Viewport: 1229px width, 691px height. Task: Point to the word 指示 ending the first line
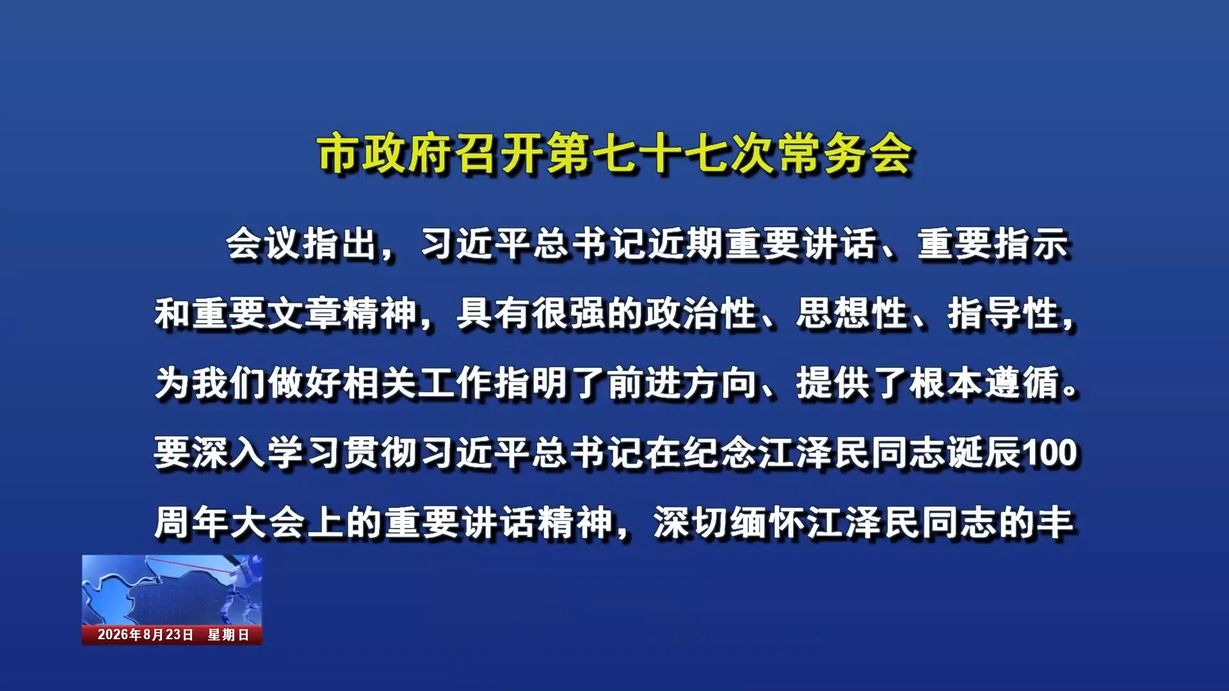pos(1031,244)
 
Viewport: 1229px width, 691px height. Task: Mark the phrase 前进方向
pos(682,383)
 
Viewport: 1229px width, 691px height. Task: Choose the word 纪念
pos(720,453)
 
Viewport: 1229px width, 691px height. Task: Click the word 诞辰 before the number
pos(984,453)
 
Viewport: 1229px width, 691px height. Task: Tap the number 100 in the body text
pos(1050,453)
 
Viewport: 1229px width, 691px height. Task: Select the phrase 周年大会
pos(229,523)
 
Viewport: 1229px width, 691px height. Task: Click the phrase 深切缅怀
pos(728,523)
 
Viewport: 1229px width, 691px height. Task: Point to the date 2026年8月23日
pos(145,635)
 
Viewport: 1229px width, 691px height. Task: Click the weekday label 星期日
pos(229,635)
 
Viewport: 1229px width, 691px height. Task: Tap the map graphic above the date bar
pos(172,589)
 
